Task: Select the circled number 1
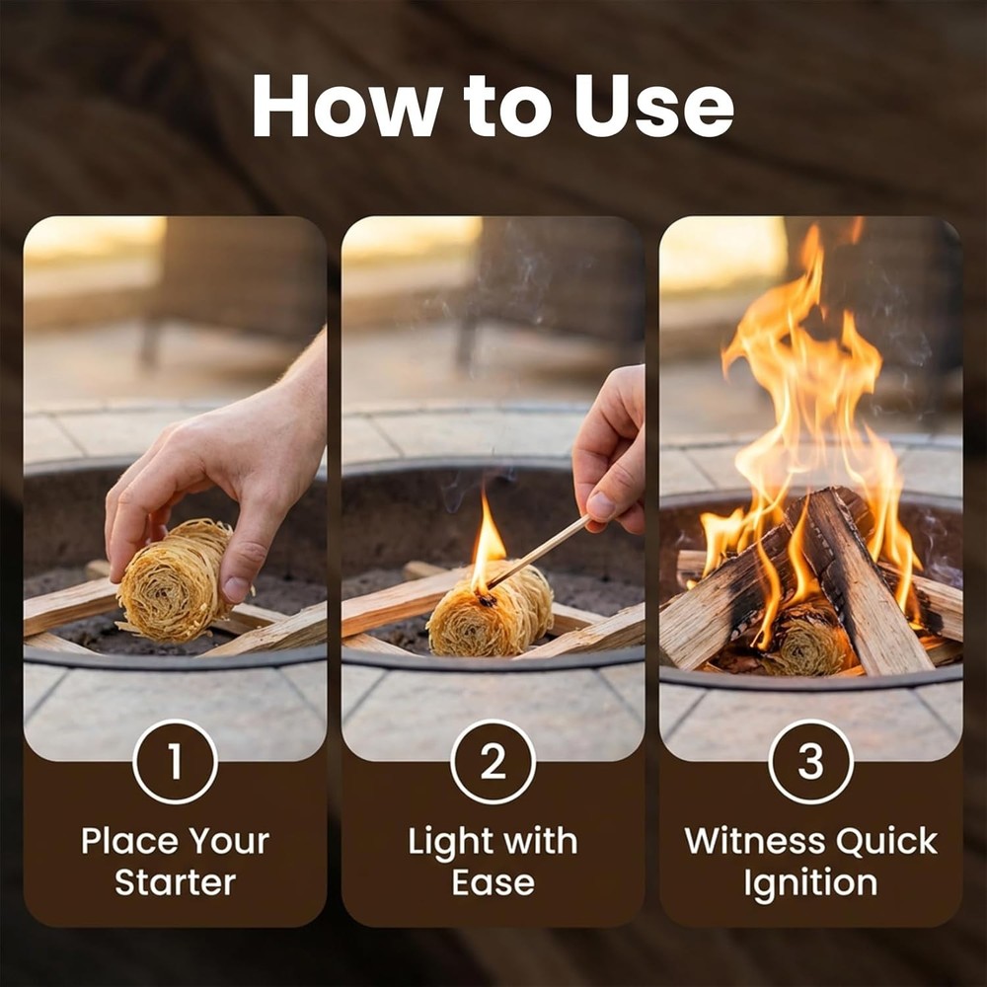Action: (x=175, y=762)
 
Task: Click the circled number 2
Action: (x=493, y=762)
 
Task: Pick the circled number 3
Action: (x=810, y=762)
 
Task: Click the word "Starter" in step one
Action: (x=175, y=882)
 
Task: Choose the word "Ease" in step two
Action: (x=493, y=882)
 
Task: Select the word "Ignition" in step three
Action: (x=810, y=882)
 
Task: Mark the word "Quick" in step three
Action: (x=886, y=841)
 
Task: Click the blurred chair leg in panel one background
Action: (x=150, y=341)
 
